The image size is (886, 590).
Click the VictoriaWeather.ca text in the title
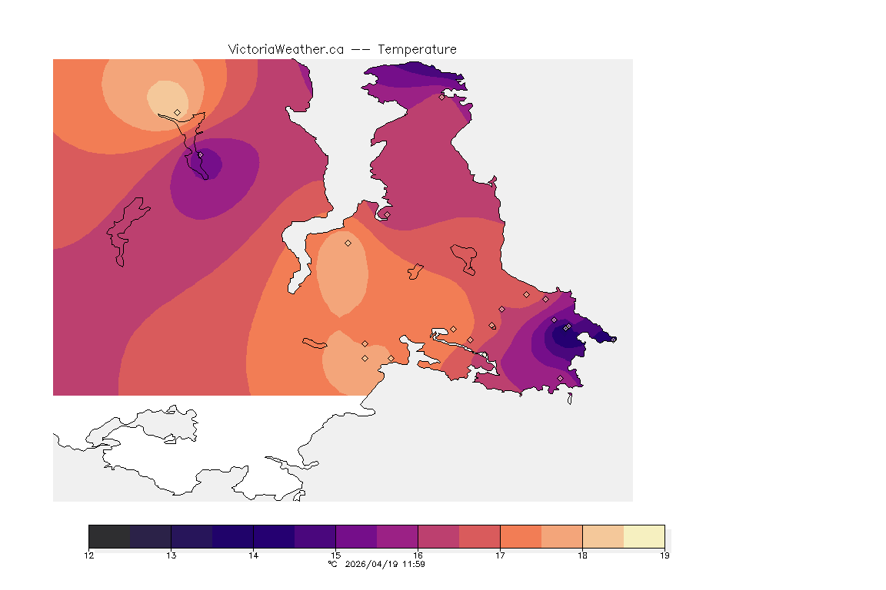click(x=285, y=49)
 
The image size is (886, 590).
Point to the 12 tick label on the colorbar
click(x=89, y=555)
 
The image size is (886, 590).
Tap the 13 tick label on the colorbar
click(x=172, y=555)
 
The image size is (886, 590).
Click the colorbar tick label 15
click(x=335, y=555)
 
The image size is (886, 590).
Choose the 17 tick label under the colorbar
click(x=500, y=555)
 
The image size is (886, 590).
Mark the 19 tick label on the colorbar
click(x=664, y=555)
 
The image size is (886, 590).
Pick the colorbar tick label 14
click(x=254, y=555)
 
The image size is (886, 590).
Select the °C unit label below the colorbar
click(x=332, y=564)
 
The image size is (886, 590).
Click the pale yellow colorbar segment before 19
click(x=644, y=536)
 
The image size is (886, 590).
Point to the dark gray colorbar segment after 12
click(x=110, y=536)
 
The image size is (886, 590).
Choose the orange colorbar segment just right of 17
click(x=521, y=536)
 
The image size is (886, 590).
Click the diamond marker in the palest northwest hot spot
click(x=178, y=112)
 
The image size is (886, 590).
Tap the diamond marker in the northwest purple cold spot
click(x=200, y=154)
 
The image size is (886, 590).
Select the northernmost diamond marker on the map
click(x=441, y=97)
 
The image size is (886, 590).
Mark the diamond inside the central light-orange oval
click(x=348, y=243)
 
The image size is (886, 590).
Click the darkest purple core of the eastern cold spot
click(x=563, y=333)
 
